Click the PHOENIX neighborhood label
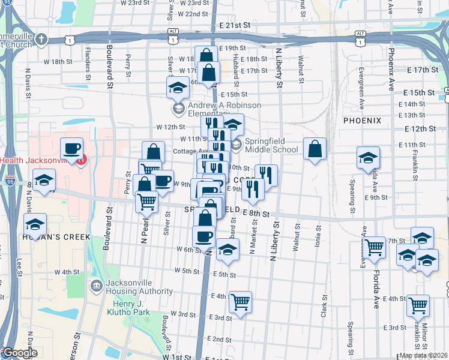(362, 121)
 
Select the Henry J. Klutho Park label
(128, 307)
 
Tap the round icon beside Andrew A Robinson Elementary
(178, 109)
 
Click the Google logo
(19, 353)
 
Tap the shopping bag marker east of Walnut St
(315, 148)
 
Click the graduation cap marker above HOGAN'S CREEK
(35, 225)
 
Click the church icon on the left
(41, 40)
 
